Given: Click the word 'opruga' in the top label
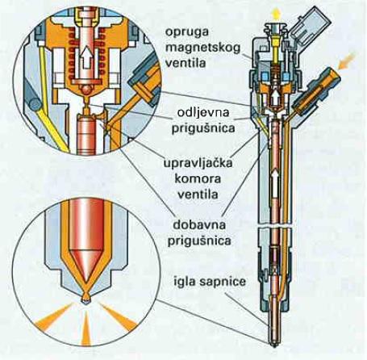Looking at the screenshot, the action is pos(187,32).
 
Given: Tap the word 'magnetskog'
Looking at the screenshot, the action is pos(202,48).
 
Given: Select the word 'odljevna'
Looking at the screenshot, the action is pos(203,112).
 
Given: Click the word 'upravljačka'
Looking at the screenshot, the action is pos(198,164).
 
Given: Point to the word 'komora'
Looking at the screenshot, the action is pos(198,178).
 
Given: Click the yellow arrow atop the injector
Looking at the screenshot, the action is pos(276,13).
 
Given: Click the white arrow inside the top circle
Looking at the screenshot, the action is pos(86,57).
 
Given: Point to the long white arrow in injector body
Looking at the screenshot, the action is pos(275,185).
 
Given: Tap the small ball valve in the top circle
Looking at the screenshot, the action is pos(86,90).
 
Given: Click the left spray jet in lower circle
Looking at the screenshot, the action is pos(55,316).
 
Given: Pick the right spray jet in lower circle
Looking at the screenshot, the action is pos(118,316).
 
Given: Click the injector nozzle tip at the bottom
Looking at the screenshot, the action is pos(274,344).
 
